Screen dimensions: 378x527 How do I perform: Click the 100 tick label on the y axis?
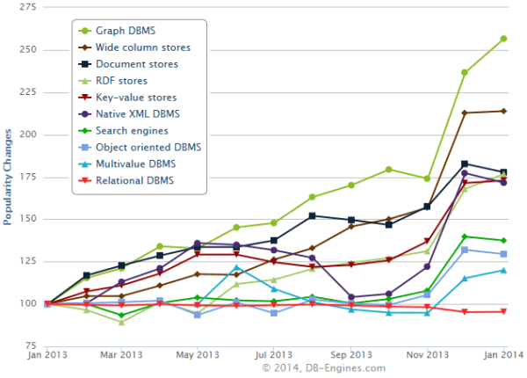(x=27, y=304)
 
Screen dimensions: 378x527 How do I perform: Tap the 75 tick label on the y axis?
(x=30, y=346)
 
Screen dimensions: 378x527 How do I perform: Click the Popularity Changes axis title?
(x=8, y=177)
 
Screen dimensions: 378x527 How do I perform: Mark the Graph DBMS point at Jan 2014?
(x=503, y=39)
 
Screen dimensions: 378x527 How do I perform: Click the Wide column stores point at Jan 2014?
(x=503, y=111)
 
